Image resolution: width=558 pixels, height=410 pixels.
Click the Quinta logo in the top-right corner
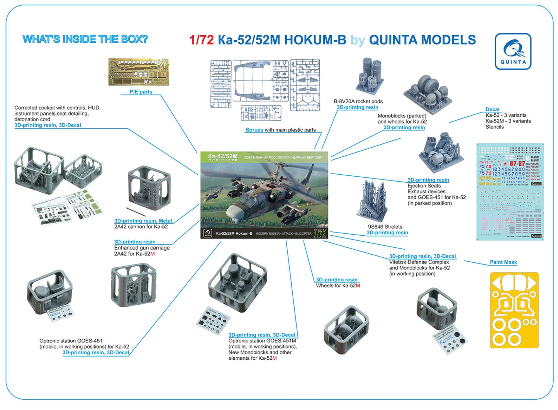[513, 51]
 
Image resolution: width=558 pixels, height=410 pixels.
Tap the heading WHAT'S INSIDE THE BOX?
[85, 39]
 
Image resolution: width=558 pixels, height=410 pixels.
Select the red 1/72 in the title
[201, 40]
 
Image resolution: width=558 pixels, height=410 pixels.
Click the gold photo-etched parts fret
[139, 72]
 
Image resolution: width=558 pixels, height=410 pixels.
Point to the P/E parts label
[141, 92]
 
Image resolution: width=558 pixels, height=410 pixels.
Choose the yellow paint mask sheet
[514, 310]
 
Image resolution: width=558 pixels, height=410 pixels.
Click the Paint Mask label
[503, 262]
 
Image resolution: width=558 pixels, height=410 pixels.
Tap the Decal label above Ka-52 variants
[492, 109]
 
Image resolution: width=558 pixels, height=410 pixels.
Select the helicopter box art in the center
[264, 195]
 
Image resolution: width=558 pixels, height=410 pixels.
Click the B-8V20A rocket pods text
[358, 102]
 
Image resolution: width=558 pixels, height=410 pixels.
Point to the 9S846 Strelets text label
[385, 227]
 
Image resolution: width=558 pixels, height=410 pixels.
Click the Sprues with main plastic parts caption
[281, 130]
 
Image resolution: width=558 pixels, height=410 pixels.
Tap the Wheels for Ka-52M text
[338, 286]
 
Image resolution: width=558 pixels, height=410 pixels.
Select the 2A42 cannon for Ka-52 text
[141, 227]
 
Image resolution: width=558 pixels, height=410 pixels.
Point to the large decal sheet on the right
[510, 192]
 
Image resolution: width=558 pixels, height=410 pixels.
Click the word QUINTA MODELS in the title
[422, 40]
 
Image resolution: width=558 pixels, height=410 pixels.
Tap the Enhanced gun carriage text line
[142, 248]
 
